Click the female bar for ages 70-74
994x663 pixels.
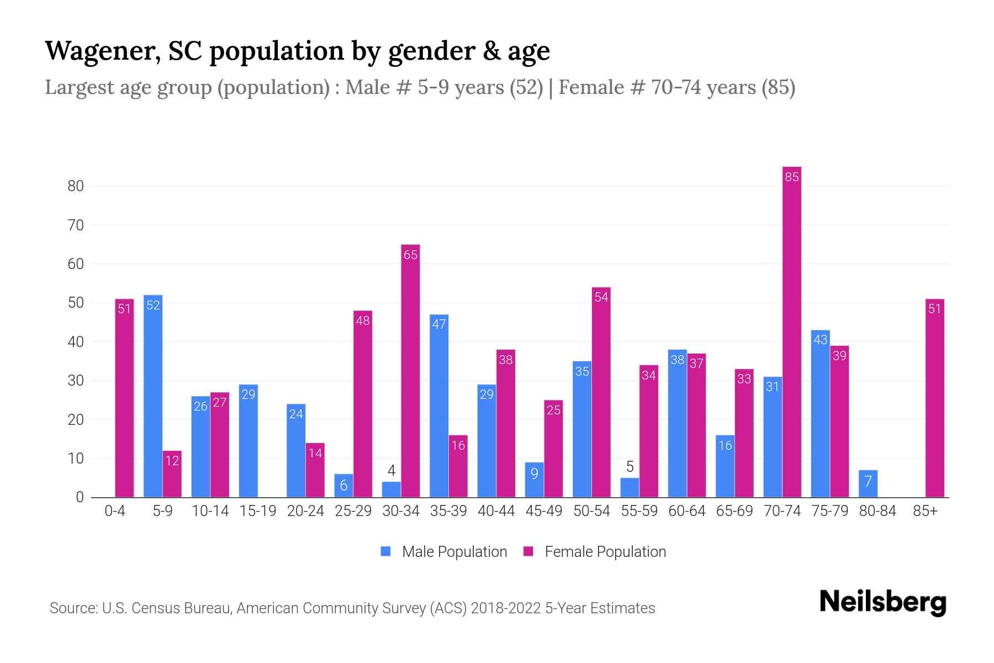[x=791, y=331]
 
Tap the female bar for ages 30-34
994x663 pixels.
[x=410, y=371]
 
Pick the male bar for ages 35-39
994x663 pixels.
[x=439, y=406]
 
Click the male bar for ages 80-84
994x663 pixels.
[x=868, y=484]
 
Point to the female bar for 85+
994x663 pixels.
[x=934, y=398]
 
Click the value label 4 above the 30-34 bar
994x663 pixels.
[x=392, y=471]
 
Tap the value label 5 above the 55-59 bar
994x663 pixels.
[x=630, y=467]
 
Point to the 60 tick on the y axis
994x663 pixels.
[x=76, y=264]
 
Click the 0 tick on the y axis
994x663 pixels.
[x=80, y=497]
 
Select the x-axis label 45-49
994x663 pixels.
[x=544, y=511]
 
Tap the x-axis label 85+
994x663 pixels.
[x=925, y=511]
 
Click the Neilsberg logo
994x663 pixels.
[x=882, y=602]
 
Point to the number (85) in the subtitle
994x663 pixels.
[x=778, y=87]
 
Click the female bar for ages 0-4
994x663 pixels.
[x=124, y=398]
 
